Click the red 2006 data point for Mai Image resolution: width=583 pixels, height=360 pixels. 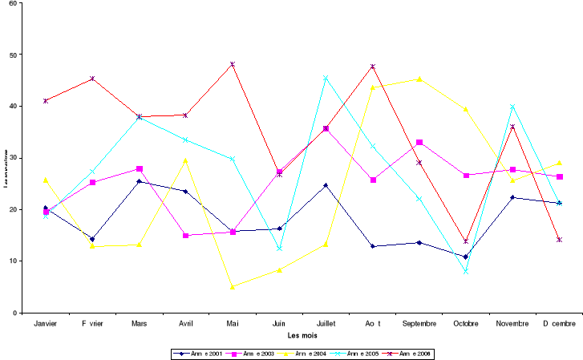pyautogui.click(x=233, y=64)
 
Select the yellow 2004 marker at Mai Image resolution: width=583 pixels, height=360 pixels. pyautogui.click(x=233, y=286)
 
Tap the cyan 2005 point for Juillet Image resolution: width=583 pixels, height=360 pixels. pyautogui.click(x=326, y=78)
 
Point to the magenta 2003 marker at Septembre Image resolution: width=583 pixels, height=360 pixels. pyautogui.click(x=419, y=142)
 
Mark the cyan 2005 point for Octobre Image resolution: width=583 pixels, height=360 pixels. pyautogui.click(x=466, y=271)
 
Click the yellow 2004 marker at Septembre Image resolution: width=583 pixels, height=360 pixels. pyautogui.click(x=419, y=79)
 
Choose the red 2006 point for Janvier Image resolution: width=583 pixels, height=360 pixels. pyautogui.click(x=46, y=101)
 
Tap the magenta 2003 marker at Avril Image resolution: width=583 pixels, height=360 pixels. pyautogui.click(x=186, y=235)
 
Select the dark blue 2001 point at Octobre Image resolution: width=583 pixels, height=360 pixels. pyautogui.click(x=466, y=257)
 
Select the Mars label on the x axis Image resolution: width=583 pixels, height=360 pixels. pyautogui.click(x=139, y=324)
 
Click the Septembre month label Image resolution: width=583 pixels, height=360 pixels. pyautogui.click(x=419, y=324)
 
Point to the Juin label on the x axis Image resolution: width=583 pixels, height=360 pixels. pyautogui.click(x=279, y=324)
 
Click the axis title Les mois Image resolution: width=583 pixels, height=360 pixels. pyautogui.click(x=302, y=334)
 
